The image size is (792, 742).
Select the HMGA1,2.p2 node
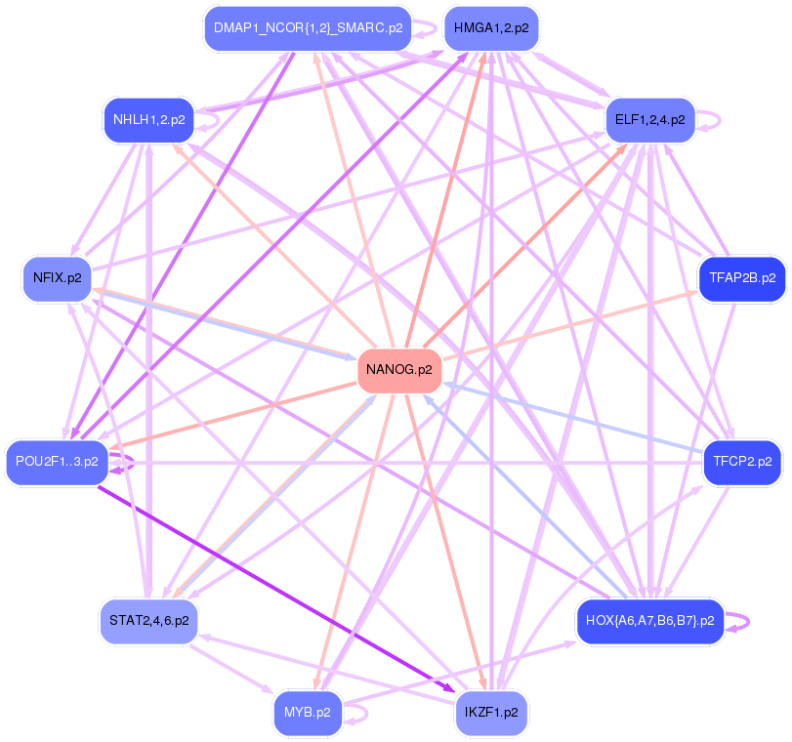[x=491, y=28]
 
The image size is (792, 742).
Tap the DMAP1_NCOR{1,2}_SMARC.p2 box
[x=308, y=28]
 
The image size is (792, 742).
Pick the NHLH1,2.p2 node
[x=148, y=120]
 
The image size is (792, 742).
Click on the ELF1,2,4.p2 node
[x=649, y=120]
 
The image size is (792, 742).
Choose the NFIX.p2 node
[x=57, y=278]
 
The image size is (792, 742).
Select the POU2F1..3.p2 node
[x=57, y=462]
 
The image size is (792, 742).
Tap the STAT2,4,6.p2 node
[x=148, y=621]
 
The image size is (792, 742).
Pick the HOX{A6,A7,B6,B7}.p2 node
[x=649, y=621]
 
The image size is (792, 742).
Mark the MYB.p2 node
[x=307, y=713]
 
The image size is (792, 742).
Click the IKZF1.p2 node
[x=490, y=713]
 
